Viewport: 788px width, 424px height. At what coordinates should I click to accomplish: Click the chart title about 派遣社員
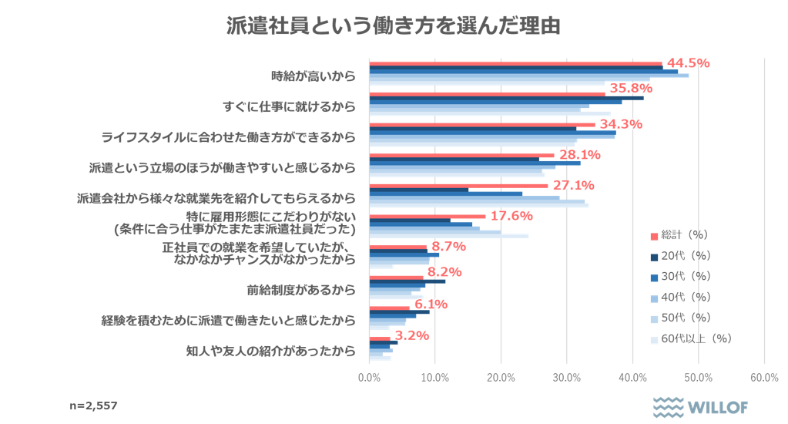pyautogui.click(x=393, y=25)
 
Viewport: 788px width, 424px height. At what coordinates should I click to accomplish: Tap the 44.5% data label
pyautogui.click(x=687, y=63)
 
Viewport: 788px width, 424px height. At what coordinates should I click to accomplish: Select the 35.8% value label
pyautogui.click(x=631, y=89)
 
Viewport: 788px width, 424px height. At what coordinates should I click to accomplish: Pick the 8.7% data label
pyautogui.click(x=448, y=247)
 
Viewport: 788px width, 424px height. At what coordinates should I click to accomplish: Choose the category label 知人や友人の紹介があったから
pyautogui.click(x=271, y=351)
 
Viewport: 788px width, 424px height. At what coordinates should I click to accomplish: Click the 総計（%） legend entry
pyautogui.click(x=679, y=234)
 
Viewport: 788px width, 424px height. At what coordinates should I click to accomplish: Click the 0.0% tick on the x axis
pyautogui.click(x=369, y=377)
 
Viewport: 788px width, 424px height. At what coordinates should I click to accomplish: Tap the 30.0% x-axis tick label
pyautogui.click(x=566, y=377)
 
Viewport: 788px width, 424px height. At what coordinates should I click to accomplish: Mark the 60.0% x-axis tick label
pyautogui.click(x=763, y=377)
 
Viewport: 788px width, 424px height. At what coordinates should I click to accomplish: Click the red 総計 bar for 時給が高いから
pyautogui.click(x=515, y=63)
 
